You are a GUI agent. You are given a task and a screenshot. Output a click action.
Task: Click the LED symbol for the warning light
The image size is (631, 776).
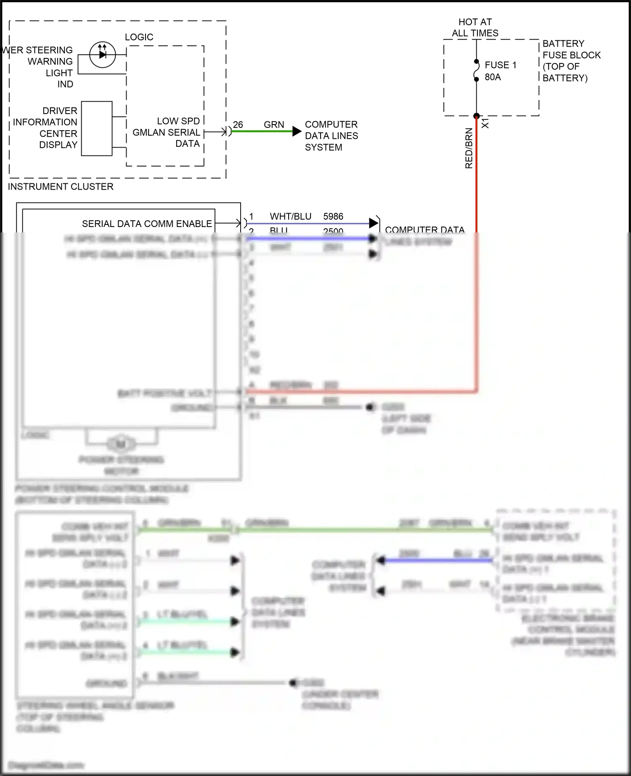pyautogui.click(x=102, y=55)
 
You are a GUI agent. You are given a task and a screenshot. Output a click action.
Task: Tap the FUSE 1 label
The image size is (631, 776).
pyautogui.click(x=500, y=65)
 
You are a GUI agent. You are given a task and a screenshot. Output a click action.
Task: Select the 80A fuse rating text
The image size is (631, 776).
pyautogui.click(x=493, y=77)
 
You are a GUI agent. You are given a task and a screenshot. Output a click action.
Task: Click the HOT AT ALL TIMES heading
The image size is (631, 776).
pyautogui.click(x=475, y=27)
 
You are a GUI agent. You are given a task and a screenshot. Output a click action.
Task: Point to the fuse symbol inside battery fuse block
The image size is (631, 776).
pyautogui.click(x=477, y=70)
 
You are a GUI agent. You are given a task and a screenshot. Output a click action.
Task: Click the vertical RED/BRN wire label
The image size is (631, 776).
pyautogui.click(x=469, y=148)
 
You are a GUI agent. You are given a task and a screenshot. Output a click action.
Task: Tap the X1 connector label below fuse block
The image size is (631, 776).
pyautogui.click(x=485, y=123)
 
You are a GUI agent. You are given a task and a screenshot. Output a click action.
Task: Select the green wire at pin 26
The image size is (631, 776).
pyautogui.click(x=261, y=132)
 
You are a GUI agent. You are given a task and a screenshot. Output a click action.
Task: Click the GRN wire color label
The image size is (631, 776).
pyautogui.click(x=274, y=125)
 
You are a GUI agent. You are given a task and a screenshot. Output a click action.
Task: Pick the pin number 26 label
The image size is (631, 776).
pyautogui.click(x=238, y=125)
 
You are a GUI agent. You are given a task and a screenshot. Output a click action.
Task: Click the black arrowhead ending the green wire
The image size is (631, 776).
pyautogui.click(x=297, y=132)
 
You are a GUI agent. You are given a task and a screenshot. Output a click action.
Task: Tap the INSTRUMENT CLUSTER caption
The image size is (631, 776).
pyautogui.click(x=61, y=187)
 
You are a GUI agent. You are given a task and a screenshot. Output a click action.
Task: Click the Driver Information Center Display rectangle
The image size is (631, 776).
pyautogui.click(x=97, y=129)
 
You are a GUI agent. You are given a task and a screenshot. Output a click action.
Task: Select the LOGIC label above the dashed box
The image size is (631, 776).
pyautogui.click(x=139, y=37)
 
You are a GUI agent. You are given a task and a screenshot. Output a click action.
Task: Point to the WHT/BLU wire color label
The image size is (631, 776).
pyautogui.click(x=290, y=216)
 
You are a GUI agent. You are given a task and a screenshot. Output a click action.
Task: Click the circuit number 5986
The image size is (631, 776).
pyautogui.click(x=333, y=216)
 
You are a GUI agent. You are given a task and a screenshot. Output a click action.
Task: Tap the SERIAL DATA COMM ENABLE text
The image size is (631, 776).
pyautogui.click(x=147, y=224)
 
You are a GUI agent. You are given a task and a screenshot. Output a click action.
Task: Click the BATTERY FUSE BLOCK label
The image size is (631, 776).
pyautogui.click(x=571, y=61)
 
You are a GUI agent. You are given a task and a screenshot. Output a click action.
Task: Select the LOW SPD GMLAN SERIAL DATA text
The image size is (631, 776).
pyautogui.click(x=167, y=132)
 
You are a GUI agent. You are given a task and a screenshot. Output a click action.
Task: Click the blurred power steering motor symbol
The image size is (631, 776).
pyautogui.click(x=121, y=444)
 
